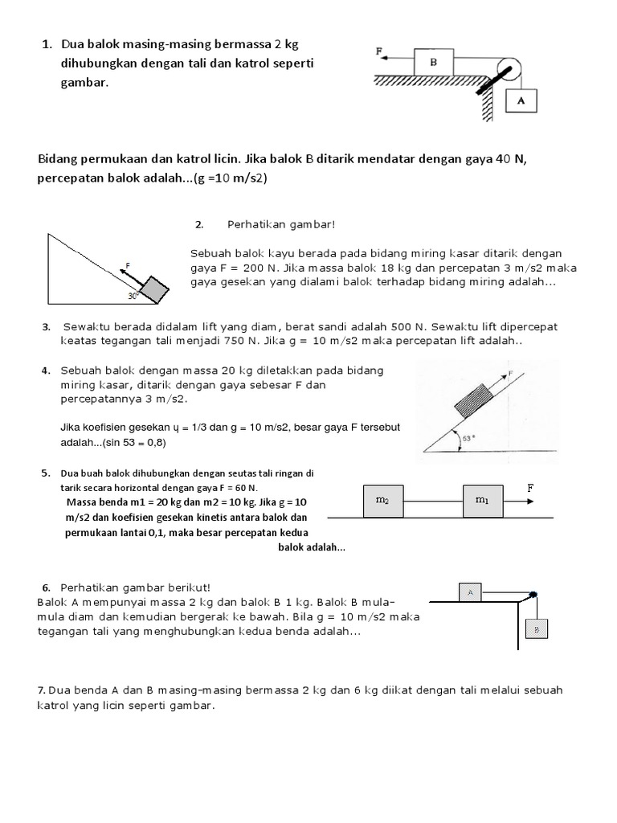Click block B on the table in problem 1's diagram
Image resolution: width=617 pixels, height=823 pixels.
[434, 61]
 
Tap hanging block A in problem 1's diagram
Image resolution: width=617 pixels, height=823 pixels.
[520, 101]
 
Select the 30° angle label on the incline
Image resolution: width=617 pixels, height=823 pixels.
[134, 296]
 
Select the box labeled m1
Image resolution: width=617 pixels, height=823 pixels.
[481, 501]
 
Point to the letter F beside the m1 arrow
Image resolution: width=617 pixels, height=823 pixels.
[530, 488]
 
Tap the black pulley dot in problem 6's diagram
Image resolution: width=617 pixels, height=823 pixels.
[533, 595]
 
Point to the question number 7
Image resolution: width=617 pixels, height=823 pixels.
[41, 690]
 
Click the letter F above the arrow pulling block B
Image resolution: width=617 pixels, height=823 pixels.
[378, 50]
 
